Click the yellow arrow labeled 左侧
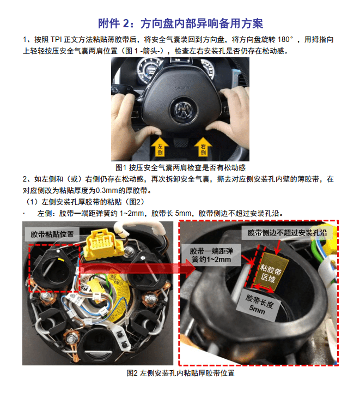(x=160, y=146)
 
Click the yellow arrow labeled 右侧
(x=203, y=146)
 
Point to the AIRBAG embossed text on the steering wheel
(x=180, y=85)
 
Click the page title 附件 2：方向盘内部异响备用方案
(x=180, y=23)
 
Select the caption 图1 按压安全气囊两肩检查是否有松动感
(x=180, y=167)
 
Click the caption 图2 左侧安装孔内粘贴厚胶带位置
(x=180, y=373)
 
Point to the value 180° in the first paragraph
(x=284, y=40)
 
